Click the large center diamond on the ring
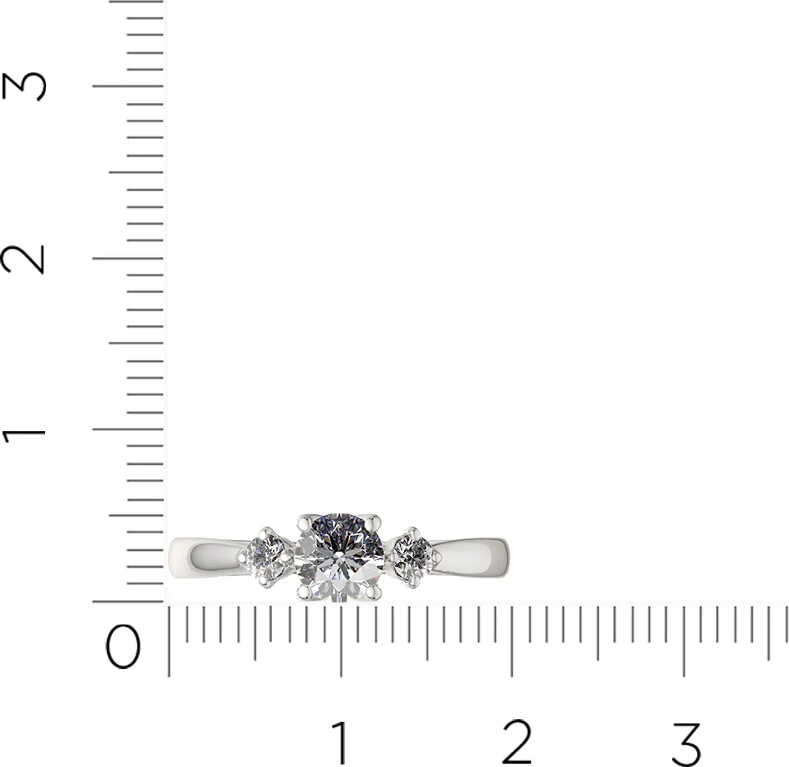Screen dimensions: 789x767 pos(339,558)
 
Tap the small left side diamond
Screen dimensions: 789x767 pos(265,556)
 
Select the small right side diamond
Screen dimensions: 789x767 pos(412,556)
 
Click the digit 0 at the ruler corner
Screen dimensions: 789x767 pos(123,646)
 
